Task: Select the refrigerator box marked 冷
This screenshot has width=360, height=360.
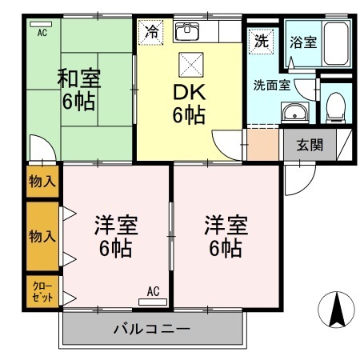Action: (150, 33)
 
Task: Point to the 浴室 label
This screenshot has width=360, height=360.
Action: (303, 42)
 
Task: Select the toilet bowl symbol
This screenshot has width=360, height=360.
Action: (336, 105)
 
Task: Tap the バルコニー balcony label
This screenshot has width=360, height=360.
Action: (151, 328)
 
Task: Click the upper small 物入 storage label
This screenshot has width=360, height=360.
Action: (43, 181)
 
